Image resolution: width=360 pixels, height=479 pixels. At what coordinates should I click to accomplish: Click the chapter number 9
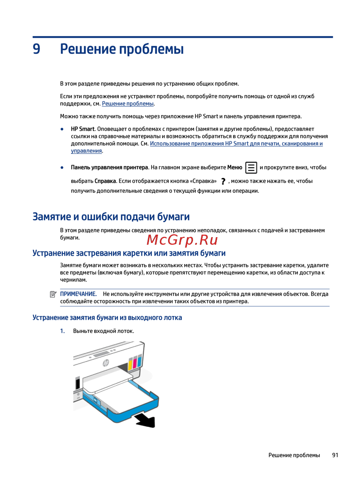pos(36,49)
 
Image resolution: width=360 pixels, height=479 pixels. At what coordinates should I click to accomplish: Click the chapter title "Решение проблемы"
pos(122,49)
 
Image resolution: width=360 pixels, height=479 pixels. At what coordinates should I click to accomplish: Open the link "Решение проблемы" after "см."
pos(128,104)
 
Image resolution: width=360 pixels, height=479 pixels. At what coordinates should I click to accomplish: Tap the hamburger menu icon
pos(251,168)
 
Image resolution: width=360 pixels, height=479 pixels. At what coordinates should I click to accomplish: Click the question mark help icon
pos(223,181)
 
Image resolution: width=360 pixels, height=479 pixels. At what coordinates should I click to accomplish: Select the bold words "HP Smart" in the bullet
pos(82,129)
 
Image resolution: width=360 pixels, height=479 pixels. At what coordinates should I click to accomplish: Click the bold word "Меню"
pos(235,167)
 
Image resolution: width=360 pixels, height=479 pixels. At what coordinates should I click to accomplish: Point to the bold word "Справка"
pos(105,181)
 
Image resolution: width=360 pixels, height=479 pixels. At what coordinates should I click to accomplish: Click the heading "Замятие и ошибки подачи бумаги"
pos(111,217)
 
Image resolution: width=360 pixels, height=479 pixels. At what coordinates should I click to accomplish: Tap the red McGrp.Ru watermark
pos(182,240)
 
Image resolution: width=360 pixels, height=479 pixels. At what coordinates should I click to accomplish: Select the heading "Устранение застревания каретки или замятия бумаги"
pos(129,253)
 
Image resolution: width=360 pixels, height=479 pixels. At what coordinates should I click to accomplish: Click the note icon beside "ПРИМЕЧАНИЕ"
pos(53,294)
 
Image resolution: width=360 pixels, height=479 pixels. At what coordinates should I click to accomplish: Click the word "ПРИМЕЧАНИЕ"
pos(78,294)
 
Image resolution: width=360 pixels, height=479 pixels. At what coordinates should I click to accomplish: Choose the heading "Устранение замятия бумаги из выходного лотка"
pos(107,318)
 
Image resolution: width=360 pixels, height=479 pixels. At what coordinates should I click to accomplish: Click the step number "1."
pos(63,331)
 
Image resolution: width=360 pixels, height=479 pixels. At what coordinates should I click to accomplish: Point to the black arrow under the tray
pos(146,420)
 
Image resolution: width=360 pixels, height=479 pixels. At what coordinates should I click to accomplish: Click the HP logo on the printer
pos(106,363)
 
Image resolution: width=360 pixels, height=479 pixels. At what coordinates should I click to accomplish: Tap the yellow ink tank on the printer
pos(130,363)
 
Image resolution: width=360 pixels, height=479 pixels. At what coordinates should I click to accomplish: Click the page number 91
pos(335,455)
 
